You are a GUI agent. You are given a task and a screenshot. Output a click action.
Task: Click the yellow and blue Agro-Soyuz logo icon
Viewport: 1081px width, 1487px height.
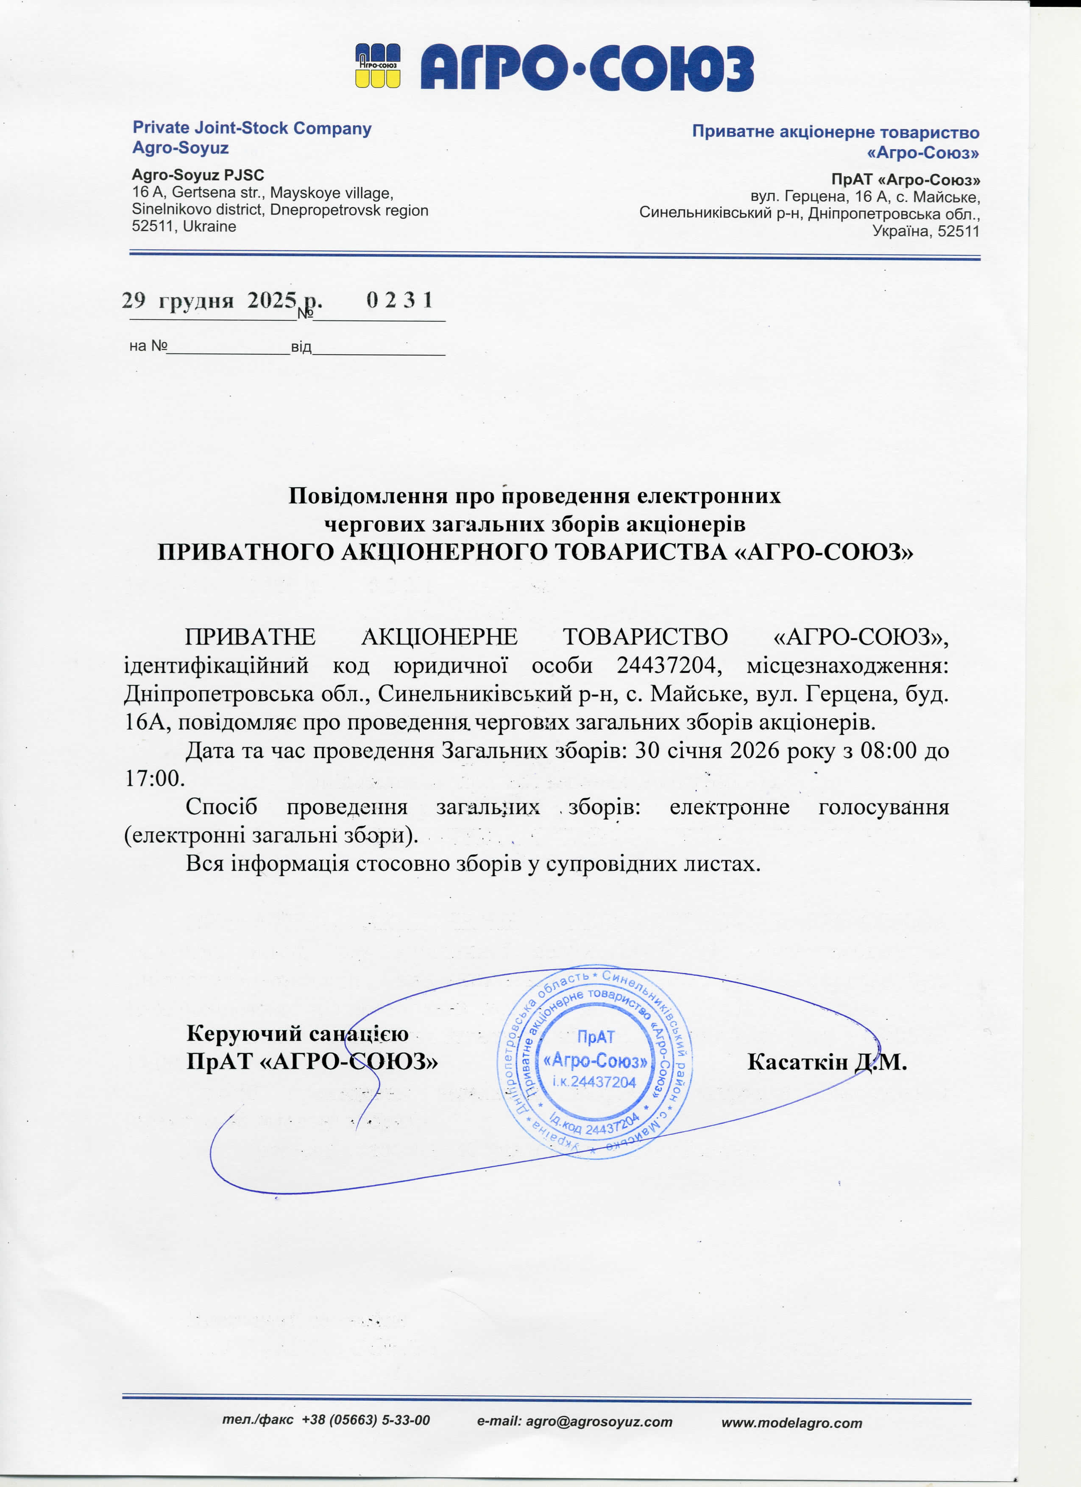tap(378, 66)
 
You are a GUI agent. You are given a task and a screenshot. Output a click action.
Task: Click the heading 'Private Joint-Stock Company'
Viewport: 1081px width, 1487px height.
tap(252, 128)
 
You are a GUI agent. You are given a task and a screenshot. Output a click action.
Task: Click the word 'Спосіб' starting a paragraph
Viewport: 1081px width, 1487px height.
tap(221, 806)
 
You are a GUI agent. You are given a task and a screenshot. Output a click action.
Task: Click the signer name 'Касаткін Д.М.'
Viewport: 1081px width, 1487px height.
tap(827, 1062)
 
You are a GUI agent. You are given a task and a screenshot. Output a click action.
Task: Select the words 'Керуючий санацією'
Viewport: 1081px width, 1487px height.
tap(297, 1033)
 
